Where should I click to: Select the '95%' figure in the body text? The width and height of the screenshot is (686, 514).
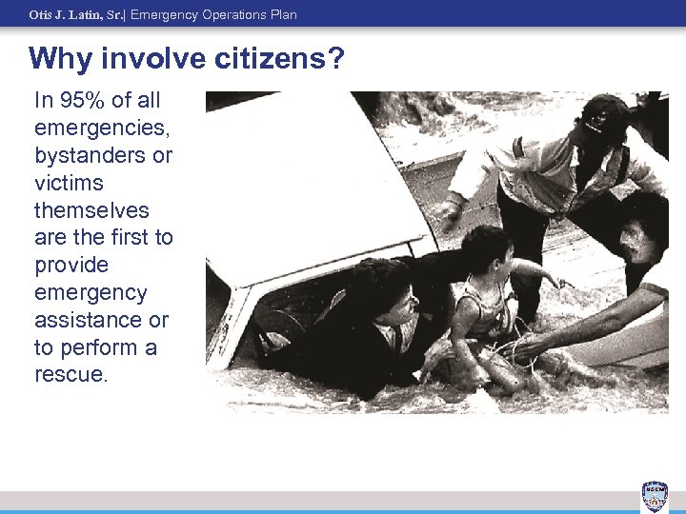coord(77,100)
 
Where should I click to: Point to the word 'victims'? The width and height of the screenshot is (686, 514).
coord(69,182)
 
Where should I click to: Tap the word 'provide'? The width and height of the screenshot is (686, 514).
coord(71,265)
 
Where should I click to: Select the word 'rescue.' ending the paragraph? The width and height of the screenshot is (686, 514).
coord(71,374)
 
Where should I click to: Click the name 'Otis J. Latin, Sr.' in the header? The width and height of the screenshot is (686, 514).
coord(76,15)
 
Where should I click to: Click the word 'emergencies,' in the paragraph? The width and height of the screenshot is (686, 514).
coord(91,128)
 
